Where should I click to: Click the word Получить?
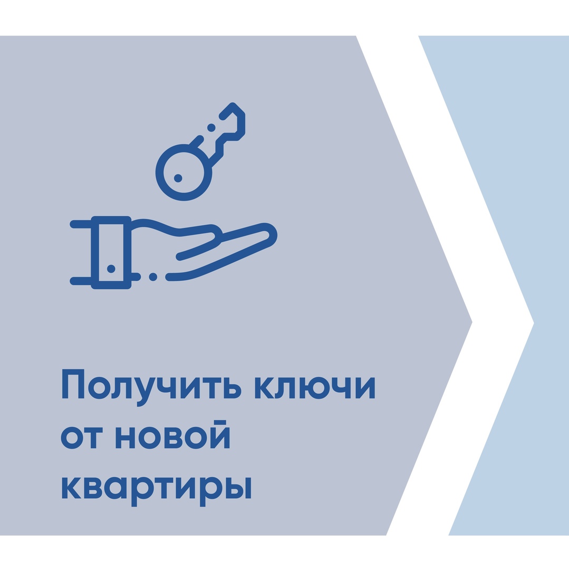pyautogui.click(x=152, y=387)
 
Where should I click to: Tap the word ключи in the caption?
pyautogui.click(x=315, y=387)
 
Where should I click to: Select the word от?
pyautogui.click(x=82, y=438)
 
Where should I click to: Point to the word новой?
pyautogui.click(x=173, y=434)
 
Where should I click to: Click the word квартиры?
pyautogui.click(x=157, y=491)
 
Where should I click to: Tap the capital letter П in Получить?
pyautogui.click(x=73, y=384)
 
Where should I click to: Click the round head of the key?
pyautogui.click(x=184, y=172)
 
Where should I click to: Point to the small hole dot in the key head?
pyautogui.click(x=178, y=178)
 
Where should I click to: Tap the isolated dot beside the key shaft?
pyautogui.click(x=211, y=128)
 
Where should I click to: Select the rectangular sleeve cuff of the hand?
pyautogui.click(x=111, y=253)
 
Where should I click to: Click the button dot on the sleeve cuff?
pyautogui.click(x=111, y=269)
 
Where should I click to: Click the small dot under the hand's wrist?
pyautogui.click(x=153, y=277)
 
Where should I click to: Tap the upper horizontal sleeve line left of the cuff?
pyautogui.click(x=81, y=224)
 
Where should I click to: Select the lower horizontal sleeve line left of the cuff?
pyautogui.click(x=81, y=281)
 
